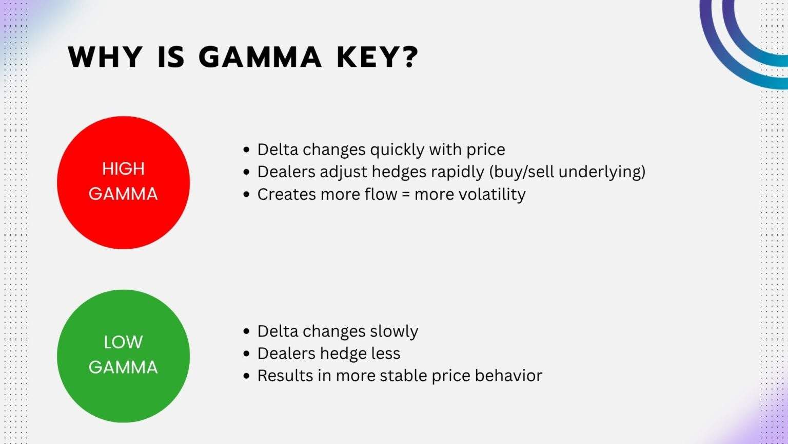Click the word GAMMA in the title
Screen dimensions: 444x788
tap(260, 57)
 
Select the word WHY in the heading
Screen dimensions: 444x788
tap(105, 57)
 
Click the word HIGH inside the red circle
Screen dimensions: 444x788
tap(123, 169)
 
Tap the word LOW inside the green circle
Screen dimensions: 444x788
tap(123, 342)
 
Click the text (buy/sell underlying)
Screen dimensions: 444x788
tap(567, 172)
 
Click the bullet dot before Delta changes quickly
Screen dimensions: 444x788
tap(247, 150)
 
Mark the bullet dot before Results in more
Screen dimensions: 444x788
tap(247, 376)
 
